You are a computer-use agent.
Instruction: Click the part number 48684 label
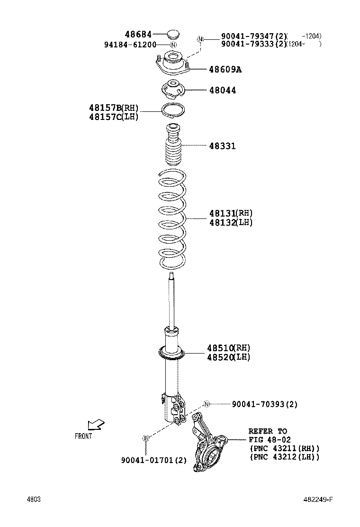138,35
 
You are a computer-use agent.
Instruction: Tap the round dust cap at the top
173,34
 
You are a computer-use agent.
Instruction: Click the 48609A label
225,70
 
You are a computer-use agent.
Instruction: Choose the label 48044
222,90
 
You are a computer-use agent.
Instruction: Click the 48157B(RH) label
113,108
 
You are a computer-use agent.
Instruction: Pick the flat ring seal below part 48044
173,110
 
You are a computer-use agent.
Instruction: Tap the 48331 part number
222,146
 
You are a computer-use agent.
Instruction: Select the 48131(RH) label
231,213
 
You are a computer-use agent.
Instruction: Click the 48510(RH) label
228,348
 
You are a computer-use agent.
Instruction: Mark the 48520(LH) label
228,357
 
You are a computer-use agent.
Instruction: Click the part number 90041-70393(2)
264,404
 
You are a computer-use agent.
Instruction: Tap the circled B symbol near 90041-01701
146,438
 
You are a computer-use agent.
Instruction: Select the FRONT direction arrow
95,425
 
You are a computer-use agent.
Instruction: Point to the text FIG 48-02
270,440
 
